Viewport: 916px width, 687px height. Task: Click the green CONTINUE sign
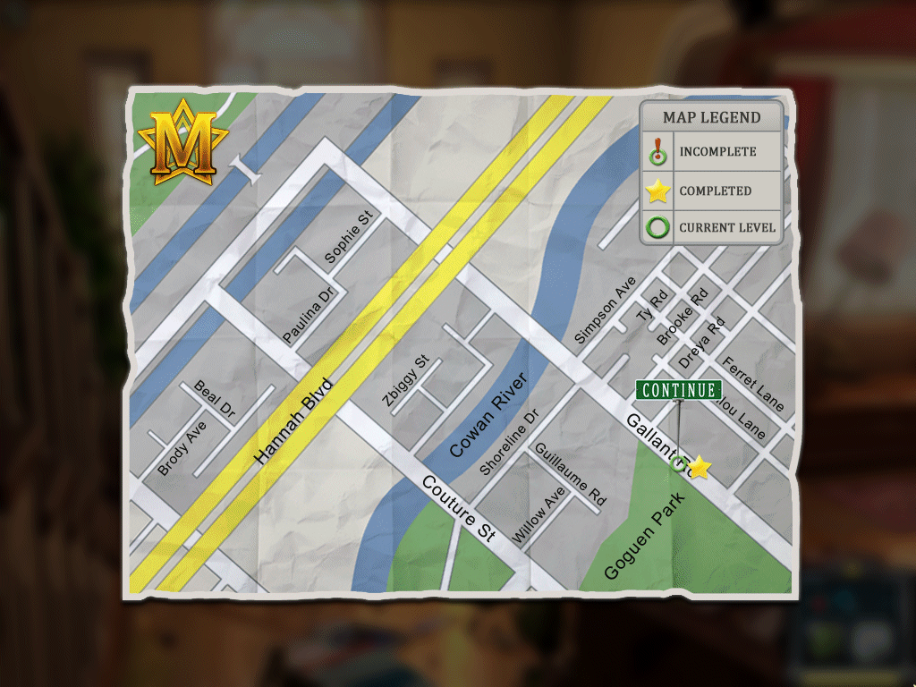click(x=679, y=390)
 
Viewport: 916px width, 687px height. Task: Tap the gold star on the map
click(x=700, y=468)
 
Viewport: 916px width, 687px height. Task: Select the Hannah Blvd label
click(x=293, y=420)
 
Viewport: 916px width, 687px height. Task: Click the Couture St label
click(x=458, y=509)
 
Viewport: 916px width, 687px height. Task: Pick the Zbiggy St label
click(x=406, y=382)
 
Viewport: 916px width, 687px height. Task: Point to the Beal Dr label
click(x=215, y=400)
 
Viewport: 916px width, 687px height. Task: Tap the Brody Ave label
click(x=182, y=448)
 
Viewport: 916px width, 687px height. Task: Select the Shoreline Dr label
click(x=510, y=442)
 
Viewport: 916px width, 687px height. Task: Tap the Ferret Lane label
click(x=754, y=385)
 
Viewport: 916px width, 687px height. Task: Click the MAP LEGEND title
click(x=712, y=117)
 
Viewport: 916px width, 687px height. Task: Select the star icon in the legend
click(x=658, y=191)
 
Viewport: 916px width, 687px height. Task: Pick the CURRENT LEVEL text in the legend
click(x=727, y=227)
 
